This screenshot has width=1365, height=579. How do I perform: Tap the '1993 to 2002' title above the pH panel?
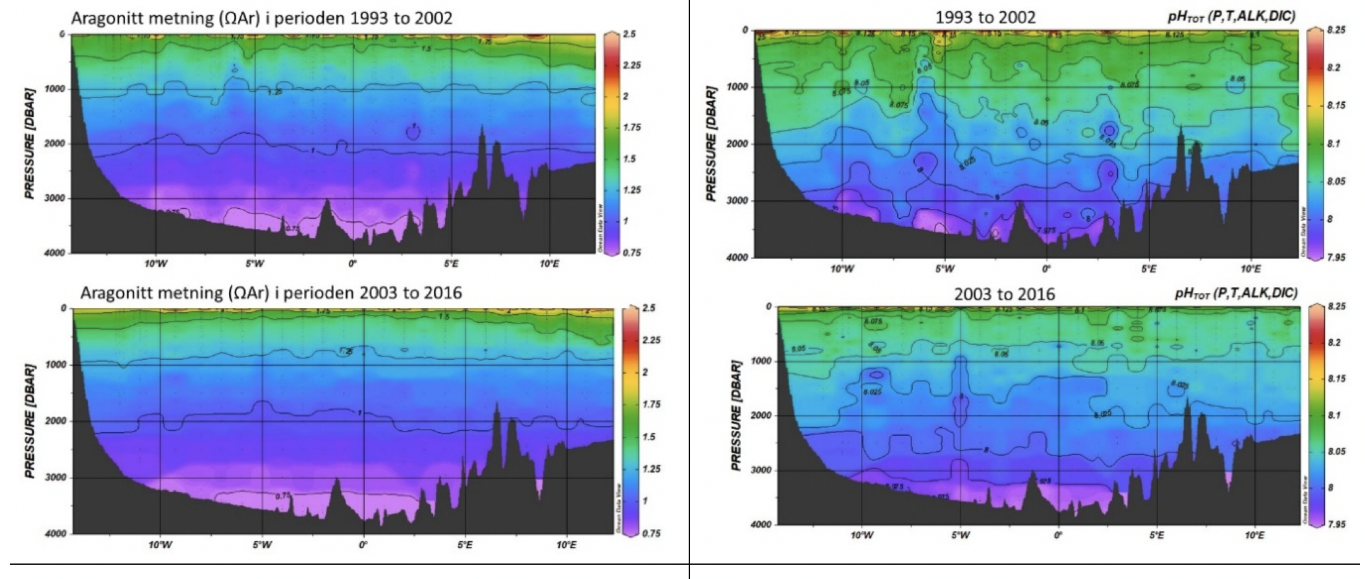pos(985,17)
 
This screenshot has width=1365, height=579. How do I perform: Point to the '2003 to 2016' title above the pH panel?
pos(1004,294)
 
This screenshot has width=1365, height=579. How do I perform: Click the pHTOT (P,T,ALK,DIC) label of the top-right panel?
pos(1231,17)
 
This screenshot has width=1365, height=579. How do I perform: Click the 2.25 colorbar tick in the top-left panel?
pos(632,65)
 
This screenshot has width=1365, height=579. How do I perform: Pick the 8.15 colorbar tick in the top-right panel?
pos(1337,105)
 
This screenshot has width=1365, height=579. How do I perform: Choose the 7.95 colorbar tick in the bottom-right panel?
pos(1337,524)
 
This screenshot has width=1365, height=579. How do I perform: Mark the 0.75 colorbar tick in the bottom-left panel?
pos(652,533)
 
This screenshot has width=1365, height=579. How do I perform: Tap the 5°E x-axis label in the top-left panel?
pos(451,263)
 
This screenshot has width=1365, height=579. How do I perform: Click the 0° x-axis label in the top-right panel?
pos(1046,268)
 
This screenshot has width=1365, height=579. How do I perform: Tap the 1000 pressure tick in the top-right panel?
pos(737,87)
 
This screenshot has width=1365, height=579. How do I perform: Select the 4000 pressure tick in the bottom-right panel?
pos(761,524)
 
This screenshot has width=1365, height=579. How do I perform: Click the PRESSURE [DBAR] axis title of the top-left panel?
pos(30,144)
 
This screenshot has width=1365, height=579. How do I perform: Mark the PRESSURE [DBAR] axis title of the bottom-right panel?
pos(736,417)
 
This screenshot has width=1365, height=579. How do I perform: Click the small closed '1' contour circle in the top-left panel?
pos(413,130)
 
